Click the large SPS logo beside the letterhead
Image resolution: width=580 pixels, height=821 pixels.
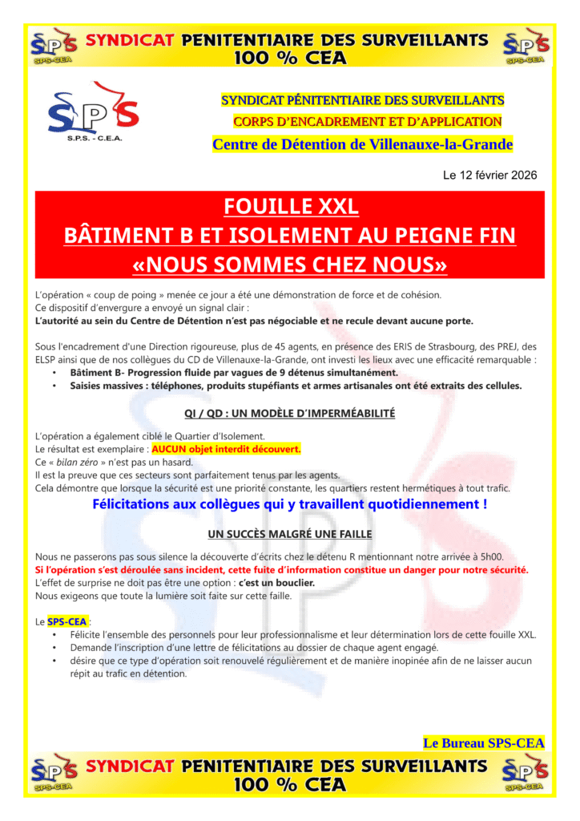(93, 111)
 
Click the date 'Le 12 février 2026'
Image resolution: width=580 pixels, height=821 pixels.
(489, 175)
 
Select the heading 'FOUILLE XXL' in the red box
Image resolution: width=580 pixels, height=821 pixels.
(291, 207)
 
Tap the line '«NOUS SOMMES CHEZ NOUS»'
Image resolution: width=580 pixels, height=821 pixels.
(289, 264)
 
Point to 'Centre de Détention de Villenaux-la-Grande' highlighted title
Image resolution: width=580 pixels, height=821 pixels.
(362, 144)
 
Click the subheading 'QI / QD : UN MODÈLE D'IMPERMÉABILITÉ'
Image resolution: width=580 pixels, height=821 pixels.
(289, 414)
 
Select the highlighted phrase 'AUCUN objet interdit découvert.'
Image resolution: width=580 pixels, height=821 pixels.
(226, 449)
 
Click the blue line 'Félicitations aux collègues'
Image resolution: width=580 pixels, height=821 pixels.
(289, 504)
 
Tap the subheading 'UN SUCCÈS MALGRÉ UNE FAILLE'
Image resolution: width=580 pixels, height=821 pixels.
(289, 534)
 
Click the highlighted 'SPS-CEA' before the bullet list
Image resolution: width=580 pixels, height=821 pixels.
(67, 621)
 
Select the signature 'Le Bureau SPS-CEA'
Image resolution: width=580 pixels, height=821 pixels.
(483, 743)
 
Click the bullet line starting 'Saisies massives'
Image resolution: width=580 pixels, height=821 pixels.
(295, 386)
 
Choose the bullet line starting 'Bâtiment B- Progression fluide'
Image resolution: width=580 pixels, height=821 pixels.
(233, 373)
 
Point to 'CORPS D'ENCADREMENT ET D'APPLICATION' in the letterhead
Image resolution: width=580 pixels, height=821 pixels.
(367, 122)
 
